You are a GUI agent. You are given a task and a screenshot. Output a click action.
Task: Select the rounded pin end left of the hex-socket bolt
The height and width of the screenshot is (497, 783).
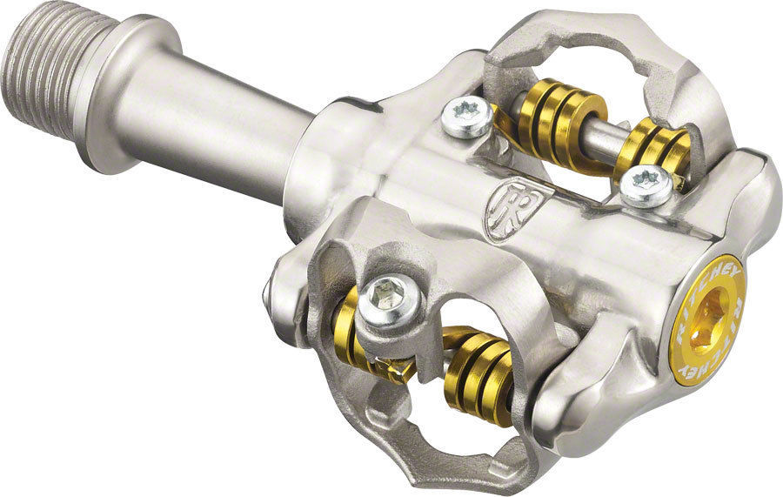[272, 296]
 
